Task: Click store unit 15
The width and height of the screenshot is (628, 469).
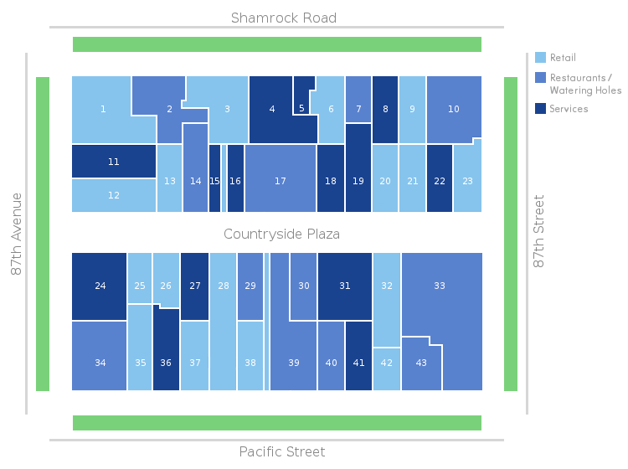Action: (x=214, y=180)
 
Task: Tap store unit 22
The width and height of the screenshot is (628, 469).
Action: (x=440, y=180)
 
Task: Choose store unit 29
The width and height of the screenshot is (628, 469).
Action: (x=250, y=286)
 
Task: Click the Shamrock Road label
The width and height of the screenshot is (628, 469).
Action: (x=284, y=18)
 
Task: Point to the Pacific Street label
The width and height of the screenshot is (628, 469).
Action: (x=281, y=452)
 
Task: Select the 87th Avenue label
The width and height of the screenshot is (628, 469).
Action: (x=17, y=234)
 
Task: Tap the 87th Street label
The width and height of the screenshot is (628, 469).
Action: (x=539, y=231)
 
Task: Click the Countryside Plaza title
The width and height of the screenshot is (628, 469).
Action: (x=281, y=234)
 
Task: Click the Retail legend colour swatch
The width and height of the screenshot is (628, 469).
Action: (x=540, y=58)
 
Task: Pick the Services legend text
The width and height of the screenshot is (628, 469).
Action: (x=569, y=109)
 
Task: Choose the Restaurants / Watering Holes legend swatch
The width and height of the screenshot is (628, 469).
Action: (x=540, y=78)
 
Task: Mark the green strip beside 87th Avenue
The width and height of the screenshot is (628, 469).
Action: (x=43, y=234)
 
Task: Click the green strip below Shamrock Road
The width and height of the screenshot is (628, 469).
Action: (x=277, y=44)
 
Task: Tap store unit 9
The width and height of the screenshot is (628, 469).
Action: (x=412, y=109)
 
